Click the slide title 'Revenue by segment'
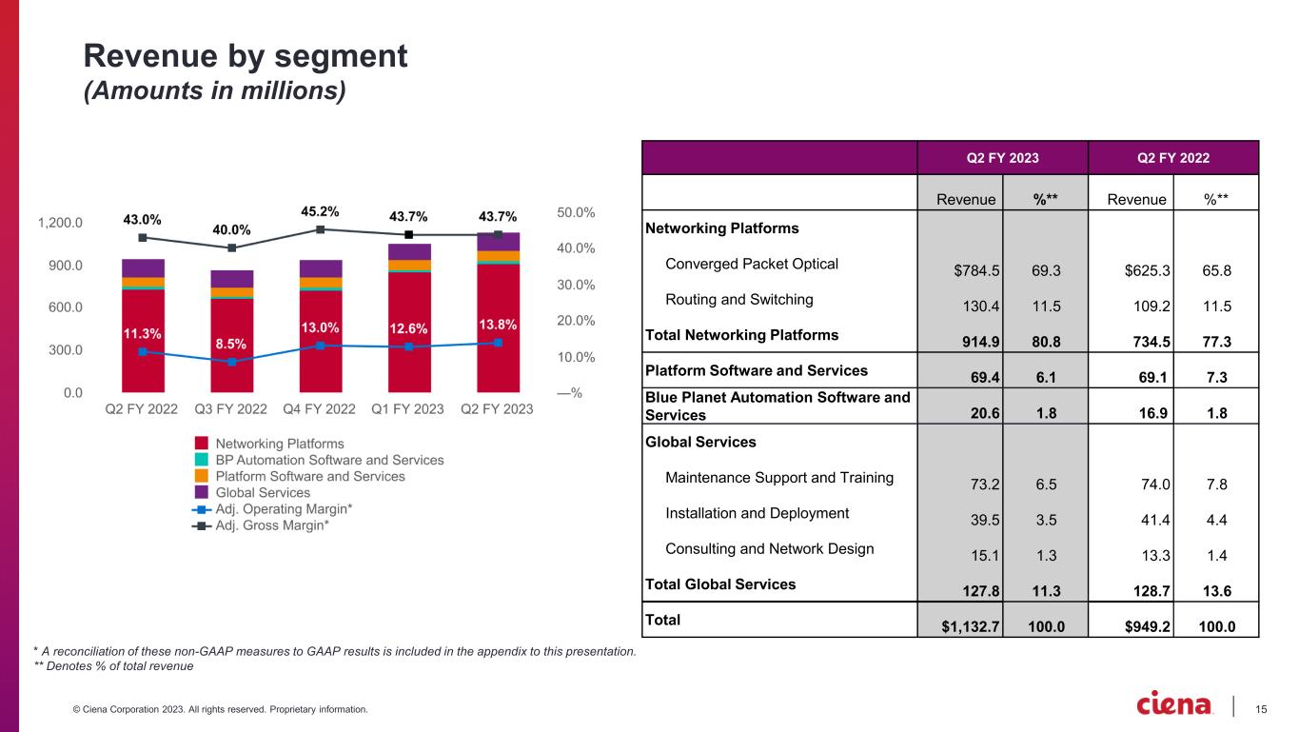246,57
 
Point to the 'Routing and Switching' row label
739,299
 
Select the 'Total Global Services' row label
720,584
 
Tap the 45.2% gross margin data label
320,211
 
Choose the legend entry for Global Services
263,492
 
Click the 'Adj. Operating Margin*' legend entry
284,509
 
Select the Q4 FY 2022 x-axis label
320,409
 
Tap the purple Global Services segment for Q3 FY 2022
231,279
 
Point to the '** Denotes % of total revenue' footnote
113,666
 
